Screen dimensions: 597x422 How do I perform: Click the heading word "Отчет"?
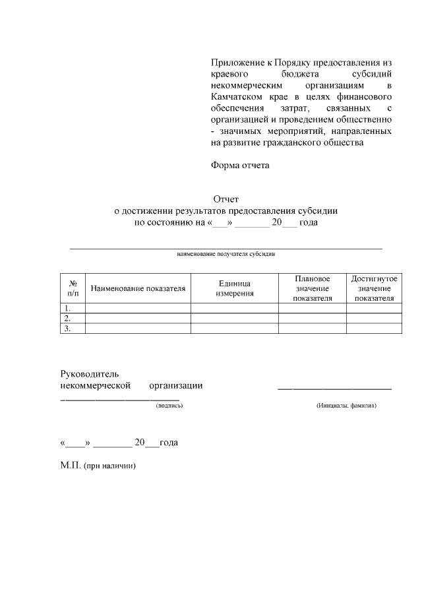pos(226,199)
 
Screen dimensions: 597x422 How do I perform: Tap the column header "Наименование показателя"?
pos(138,288)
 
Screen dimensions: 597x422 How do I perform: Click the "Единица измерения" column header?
pos(235,288)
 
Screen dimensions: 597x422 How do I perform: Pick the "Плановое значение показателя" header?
pos(313,288)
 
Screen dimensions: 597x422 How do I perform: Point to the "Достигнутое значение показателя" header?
pos(374,288)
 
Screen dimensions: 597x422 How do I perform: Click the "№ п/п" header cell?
pos(73,288)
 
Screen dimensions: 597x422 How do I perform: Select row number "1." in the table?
pos(66,308)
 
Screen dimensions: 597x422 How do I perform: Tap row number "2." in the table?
pos(66,318)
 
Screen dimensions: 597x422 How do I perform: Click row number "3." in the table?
pos(66,329)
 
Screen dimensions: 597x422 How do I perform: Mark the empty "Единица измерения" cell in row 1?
pos(235,308)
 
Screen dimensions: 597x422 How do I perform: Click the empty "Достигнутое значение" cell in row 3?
pos(374,329)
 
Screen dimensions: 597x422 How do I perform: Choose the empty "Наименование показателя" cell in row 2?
pos(138,318)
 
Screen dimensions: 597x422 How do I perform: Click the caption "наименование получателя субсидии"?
pos(226,253)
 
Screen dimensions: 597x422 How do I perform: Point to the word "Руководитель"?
pos(89,374)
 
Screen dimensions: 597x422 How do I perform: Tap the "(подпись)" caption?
pos(169,406)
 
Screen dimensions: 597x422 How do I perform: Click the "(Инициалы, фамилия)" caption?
pos(346,406)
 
